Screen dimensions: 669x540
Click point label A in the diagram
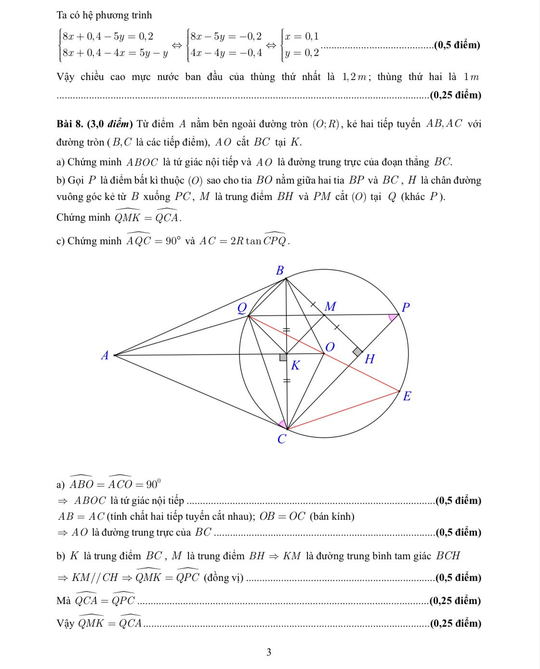pos(105,356)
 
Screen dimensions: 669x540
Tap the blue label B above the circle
pos(280,270)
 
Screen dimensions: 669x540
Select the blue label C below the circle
pos(282,439)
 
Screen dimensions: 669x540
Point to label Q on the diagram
pos(242,307)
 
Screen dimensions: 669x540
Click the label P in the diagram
pos(405,307)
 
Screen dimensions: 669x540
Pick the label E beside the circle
pos(407,396)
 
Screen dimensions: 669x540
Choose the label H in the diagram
pos(369,359)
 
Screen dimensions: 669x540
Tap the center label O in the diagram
pos(330,347)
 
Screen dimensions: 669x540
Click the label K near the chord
pos(295,366)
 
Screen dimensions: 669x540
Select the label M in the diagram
pos(330,306)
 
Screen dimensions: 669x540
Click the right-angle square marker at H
pos(357,352)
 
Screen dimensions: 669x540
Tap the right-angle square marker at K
pos(283,357)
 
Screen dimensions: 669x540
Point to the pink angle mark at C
pos(283,424)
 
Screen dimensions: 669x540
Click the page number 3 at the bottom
pos(269,653)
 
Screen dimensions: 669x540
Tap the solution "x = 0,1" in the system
pos(302,37)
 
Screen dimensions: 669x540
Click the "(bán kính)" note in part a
pos(332,516)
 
